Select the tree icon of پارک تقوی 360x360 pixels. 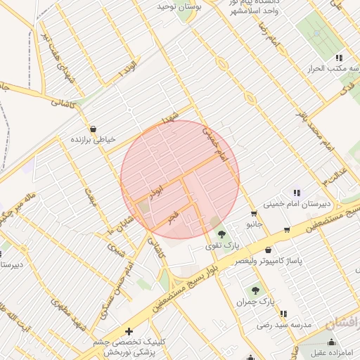coord(223,234)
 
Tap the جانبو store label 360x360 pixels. coord(254,224)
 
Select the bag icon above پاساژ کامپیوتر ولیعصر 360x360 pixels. coord(268,250)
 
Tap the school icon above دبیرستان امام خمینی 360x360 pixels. coord(297,193)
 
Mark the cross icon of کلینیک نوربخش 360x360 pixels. coord(128,331)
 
